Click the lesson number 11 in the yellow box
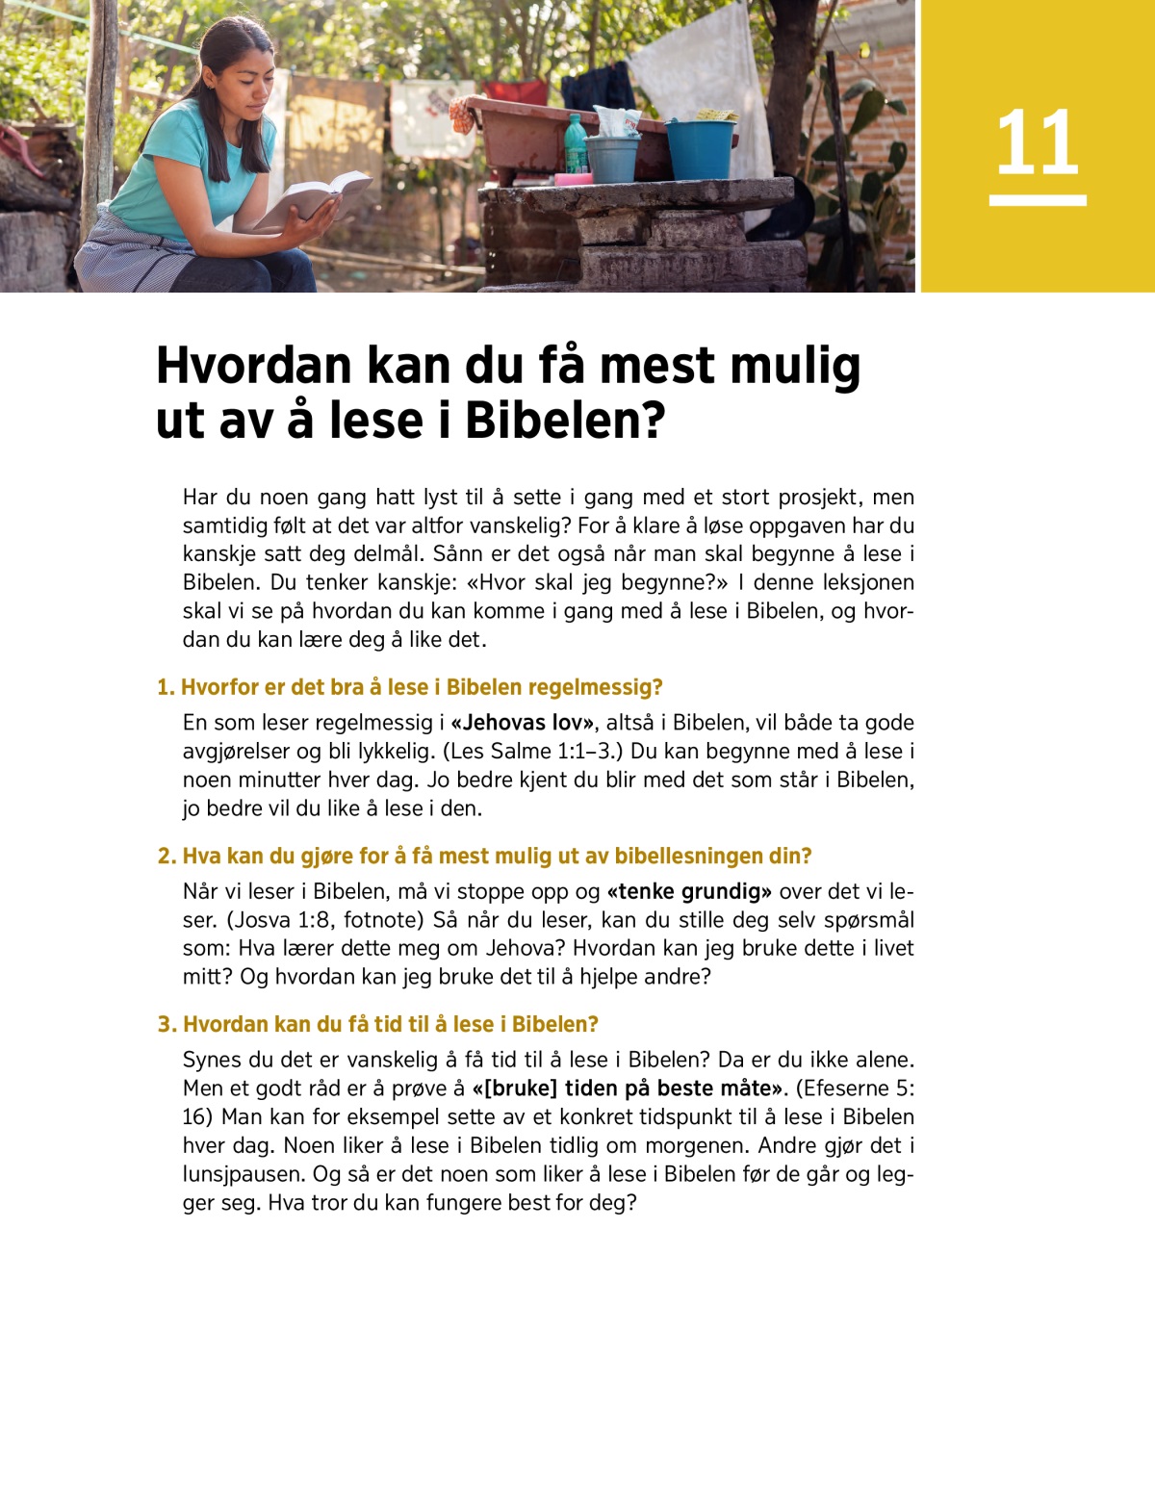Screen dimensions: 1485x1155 (x=1037, y=142)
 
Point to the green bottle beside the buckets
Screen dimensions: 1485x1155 (x=576, y=144)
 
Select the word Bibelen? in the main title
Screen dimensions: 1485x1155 (x=565, y=421)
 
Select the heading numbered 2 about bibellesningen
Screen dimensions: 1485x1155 (x=484, y=856)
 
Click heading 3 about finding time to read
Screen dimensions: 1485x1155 (x=377, y=1024)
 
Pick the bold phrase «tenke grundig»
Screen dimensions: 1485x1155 (x=689, y=891)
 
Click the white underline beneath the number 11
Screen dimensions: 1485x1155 (x=1038, y=200)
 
